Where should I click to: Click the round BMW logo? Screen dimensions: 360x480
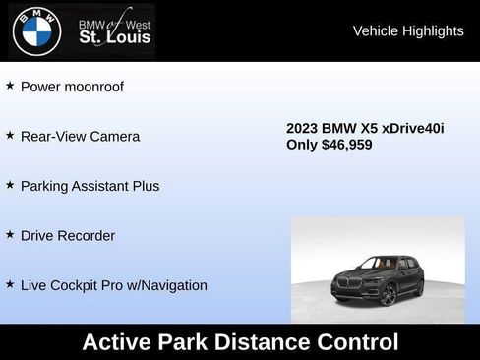pos(36,30)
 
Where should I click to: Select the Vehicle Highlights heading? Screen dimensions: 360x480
pos(408,31)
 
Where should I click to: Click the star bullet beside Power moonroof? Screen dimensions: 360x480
pos(10,86)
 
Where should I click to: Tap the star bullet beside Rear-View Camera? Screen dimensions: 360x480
pos(10,136)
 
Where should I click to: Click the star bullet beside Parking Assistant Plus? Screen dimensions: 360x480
pos(10,185)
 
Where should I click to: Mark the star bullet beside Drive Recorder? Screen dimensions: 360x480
pos(10,235)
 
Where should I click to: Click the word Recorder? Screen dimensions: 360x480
pos(88,236)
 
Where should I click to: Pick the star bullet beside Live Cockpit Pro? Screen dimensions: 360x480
pos(10,284)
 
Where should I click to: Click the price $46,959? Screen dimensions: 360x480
pos(340,145)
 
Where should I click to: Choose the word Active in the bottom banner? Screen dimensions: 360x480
pos(117,342)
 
